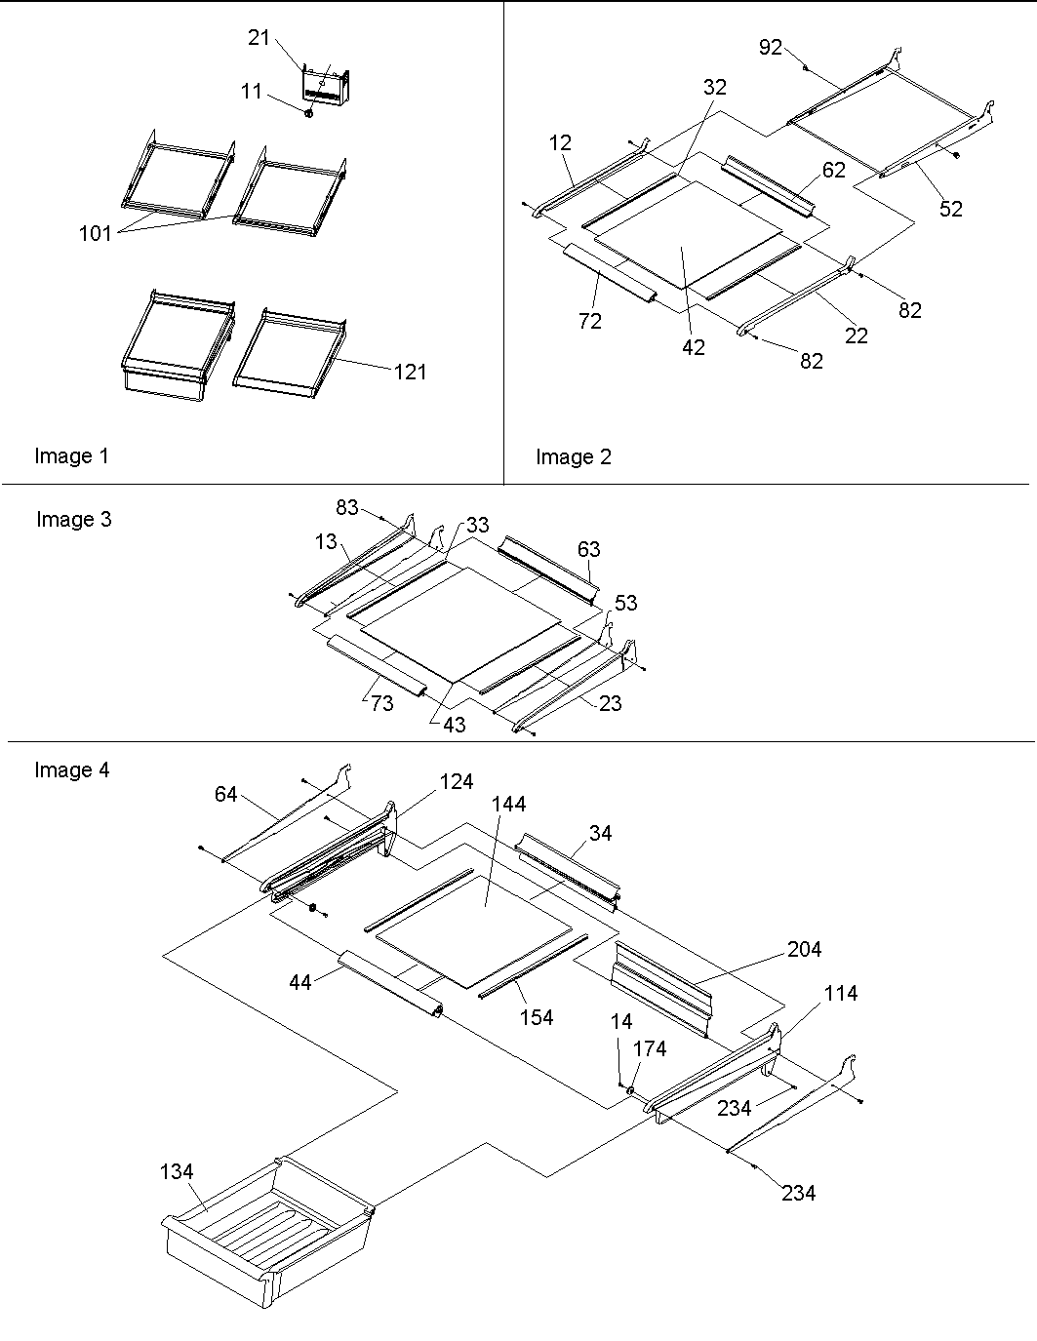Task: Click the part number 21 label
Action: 258,37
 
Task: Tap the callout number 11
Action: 251,91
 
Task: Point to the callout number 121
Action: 410,372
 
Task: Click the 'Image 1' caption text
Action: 72,455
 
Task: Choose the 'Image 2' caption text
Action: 574,456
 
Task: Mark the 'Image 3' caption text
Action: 74,519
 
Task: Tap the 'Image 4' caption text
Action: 72,769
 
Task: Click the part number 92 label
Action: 771,47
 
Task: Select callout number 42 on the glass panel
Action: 694,346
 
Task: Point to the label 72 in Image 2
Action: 590,320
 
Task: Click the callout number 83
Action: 347,507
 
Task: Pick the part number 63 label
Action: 588,549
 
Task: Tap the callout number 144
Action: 508,804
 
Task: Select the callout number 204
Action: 805,949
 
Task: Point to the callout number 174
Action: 650,1048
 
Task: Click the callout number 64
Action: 225,795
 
